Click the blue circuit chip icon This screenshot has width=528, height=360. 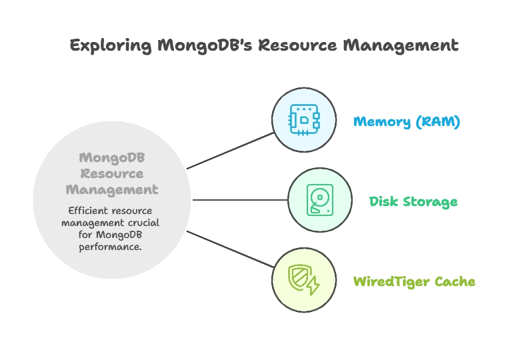304,121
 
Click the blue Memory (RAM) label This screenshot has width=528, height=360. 407,122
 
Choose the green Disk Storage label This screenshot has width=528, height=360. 413,201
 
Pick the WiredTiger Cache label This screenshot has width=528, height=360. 415,281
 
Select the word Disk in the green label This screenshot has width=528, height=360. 382,201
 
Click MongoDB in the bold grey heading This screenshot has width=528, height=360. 111,158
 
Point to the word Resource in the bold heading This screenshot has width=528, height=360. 111,174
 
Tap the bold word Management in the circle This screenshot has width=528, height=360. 111,190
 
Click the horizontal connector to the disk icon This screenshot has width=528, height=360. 240,200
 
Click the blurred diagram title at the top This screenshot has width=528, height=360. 264,46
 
